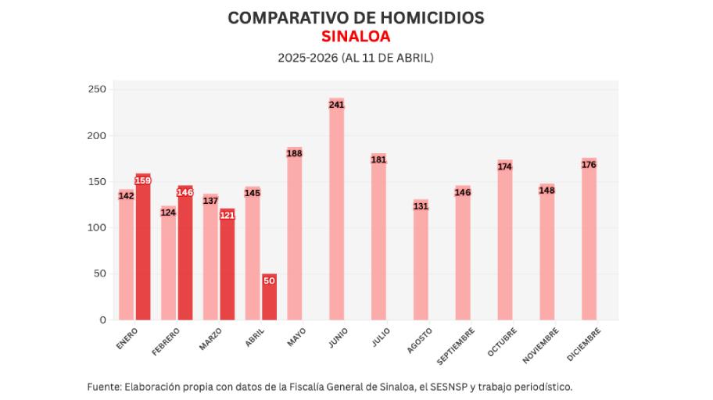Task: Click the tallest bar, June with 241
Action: click(x=337, y=211)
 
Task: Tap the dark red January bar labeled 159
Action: click(x=143, y=247)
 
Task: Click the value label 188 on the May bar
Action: click(x=295, y=154)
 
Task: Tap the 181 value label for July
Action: click(x=379, y=160)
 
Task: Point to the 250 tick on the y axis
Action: click(x=97, y=90)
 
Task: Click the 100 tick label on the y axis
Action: click(x=97, y=228)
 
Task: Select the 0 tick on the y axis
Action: click(x=102, y=320)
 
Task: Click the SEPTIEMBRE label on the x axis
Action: click(x=455, y=345)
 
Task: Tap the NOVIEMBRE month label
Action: click(x=539, y=345)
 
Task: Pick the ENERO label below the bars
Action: click(x=127, y=337)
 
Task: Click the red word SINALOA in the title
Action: click(x=356, y=37)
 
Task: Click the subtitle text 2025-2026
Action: click(x=307, y=58)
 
